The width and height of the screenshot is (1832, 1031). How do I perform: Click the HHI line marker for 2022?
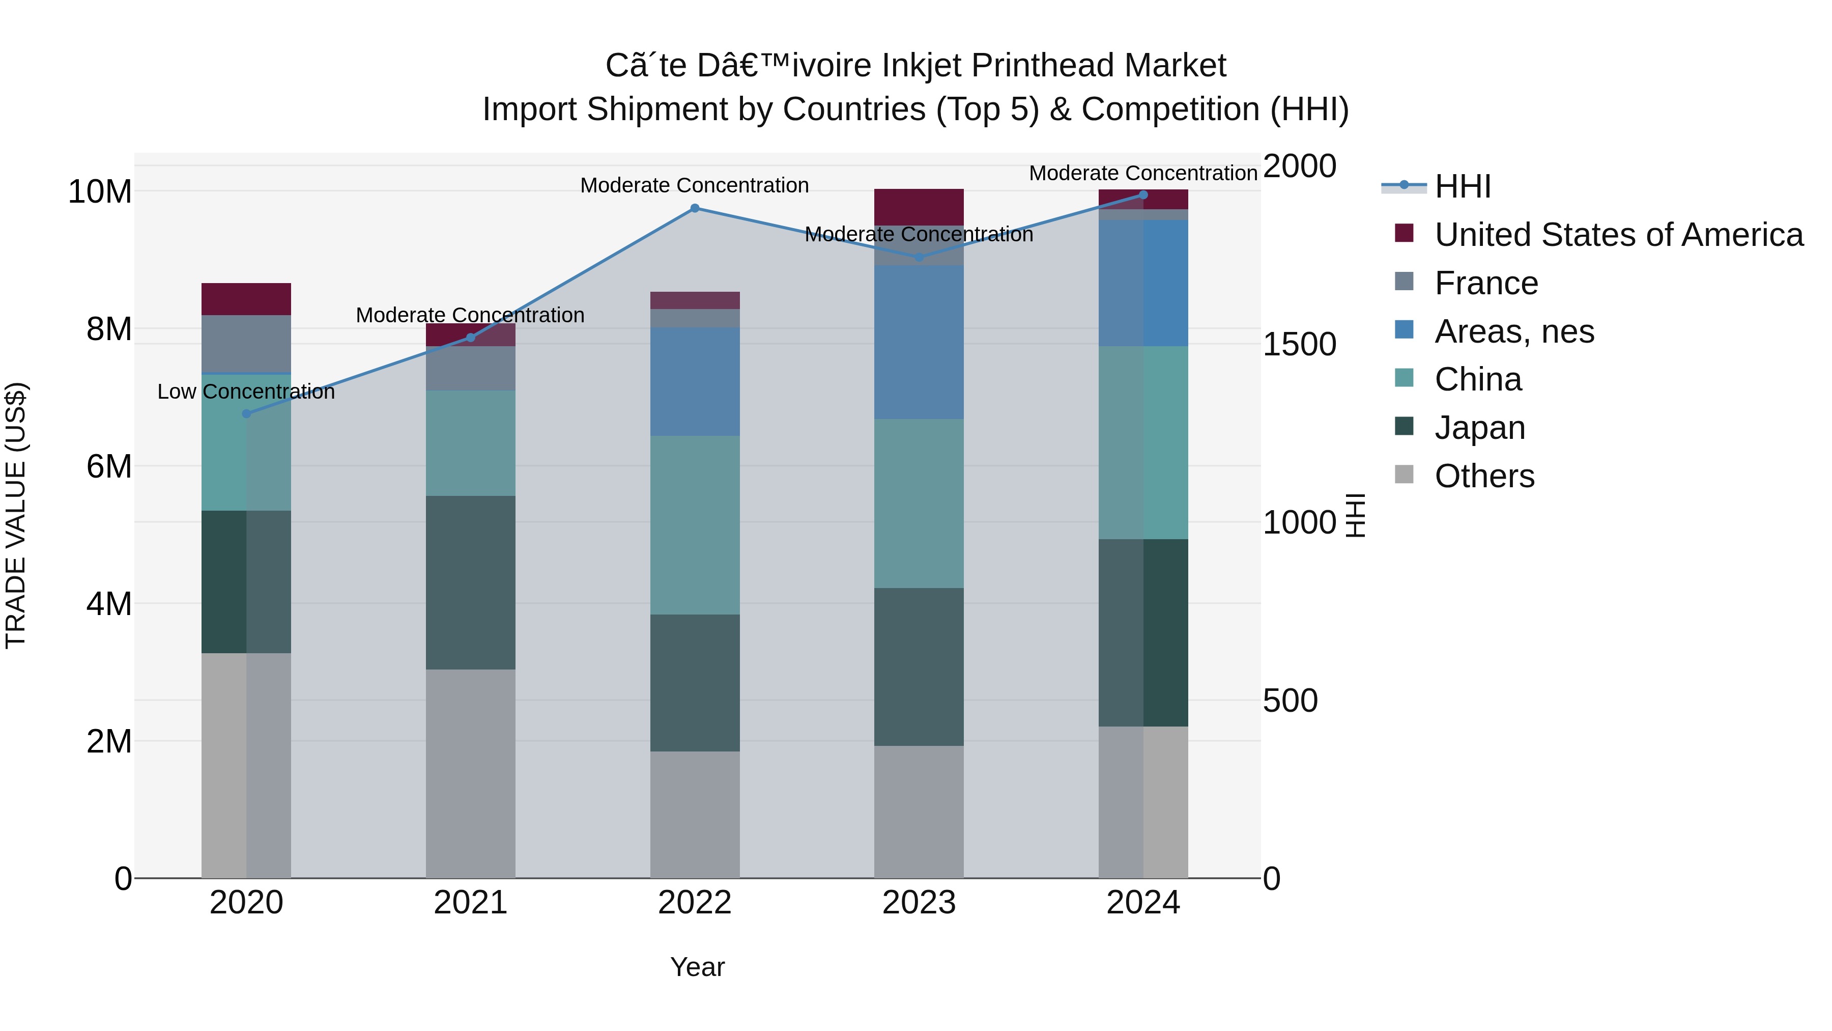(x=695, y=208)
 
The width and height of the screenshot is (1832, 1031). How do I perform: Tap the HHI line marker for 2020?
(x=247, y=413)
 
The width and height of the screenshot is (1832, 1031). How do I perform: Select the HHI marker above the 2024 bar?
(x=1143, y=195)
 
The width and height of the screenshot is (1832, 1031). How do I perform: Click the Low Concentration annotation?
(x=246, y=392)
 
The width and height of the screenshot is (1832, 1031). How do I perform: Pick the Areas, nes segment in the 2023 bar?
(x=919, y=342)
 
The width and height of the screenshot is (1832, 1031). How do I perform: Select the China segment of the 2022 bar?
(x=695, y=525)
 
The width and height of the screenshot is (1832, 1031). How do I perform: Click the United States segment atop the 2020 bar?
(x=246, y=299)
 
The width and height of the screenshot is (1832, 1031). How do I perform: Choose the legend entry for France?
(x=1486, y=283)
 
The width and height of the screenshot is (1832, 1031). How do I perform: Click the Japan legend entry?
(x=1480, y=428)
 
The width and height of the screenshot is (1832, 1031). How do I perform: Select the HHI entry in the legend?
(x=1462, y=186)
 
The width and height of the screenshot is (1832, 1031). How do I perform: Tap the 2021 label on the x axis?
(x=470, y=903)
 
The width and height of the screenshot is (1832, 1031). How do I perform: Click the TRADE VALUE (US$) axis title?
(x=16, y=515)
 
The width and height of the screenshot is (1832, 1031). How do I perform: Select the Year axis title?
(x=697, y=967)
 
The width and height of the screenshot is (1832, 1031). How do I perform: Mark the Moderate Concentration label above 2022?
(x=694, y=185)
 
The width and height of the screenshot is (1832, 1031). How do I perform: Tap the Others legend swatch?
(x=1404, y=475)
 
